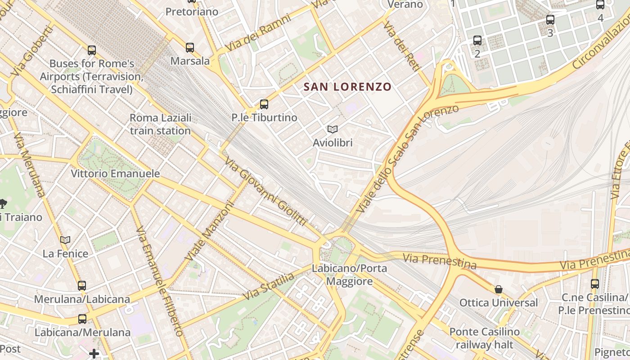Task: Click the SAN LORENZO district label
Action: [347, 86]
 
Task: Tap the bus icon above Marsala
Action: [190, 48]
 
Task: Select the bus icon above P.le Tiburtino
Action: [264, 104]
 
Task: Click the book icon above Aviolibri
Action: [333, 130]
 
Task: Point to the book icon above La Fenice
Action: [65, 240]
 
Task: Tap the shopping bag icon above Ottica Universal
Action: [498, 289]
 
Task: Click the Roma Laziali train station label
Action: [161, 124]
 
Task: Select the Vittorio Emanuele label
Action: [115, 173]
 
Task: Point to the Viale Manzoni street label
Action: [210, 231]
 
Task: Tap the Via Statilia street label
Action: [268, 286]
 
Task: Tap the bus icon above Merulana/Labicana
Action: [81, 286]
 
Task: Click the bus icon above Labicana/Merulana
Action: [82, 319]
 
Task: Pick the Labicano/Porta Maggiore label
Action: [349, 275]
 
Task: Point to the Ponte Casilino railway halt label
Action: [485, 338]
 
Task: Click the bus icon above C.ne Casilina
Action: [595, 284]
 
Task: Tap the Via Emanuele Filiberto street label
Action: [160, 281]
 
